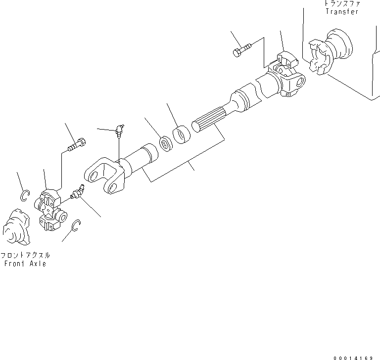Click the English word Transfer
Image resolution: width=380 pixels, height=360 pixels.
(x=341, y=11)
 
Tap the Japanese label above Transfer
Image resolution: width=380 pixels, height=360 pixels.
(x=342, y=3)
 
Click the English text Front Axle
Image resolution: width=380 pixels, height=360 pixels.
(x=25, y=264)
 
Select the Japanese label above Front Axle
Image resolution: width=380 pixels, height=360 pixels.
(x=25, y=256)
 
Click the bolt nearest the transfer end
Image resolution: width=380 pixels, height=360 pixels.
(x=241, y=50)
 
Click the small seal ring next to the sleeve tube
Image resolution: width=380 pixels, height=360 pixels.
(x=165, y=143)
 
